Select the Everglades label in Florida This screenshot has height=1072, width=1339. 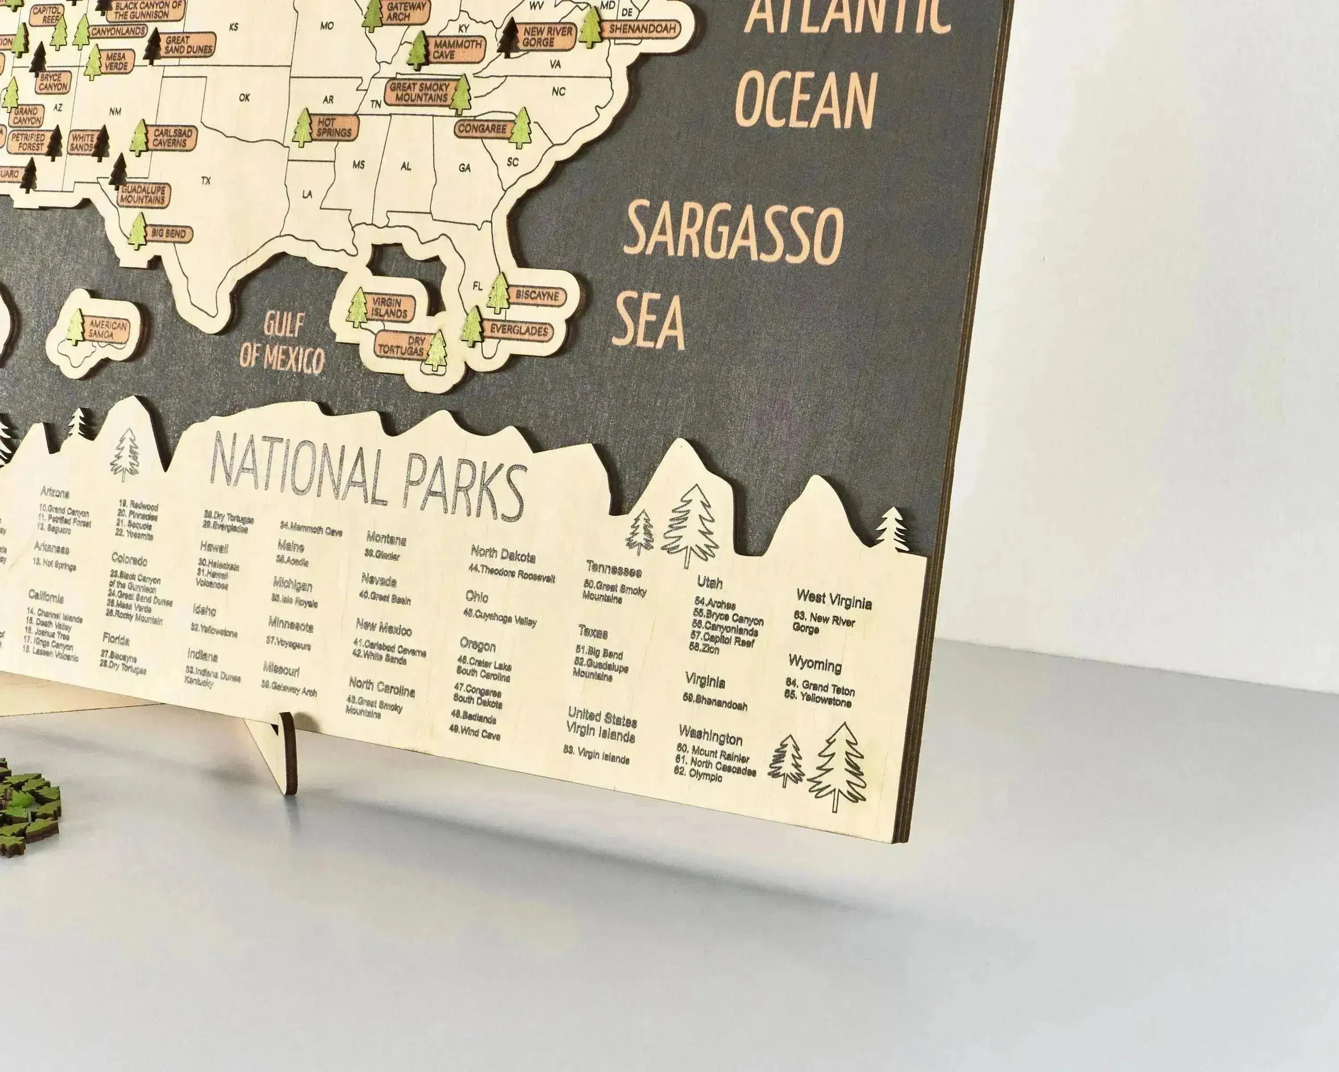(x=519, y=330)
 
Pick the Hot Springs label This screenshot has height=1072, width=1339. (x=335, y=127)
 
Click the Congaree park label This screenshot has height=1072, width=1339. (x=482, y=129)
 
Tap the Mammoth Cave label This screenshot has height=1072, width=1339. (x=457, y=49)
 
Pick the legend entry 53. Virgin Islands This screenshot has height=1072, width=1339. (x=596, y=755)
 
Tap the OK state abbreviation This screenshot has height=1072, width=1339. (x=244, y=97)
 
